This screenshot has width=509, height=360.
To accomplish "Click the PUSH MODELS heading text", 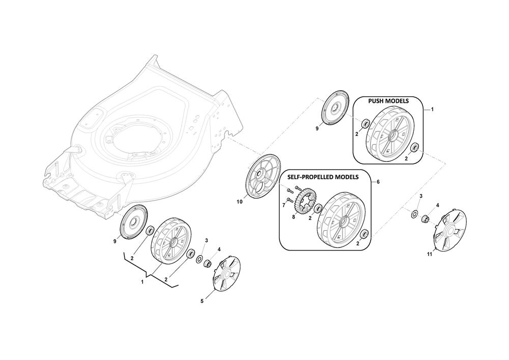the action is click(388, 101).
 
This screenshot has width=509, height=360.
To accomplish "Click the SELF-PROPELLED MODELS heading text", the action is click(323, 177).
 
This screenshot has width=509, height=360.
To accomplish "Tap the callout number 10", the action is click(240, 202).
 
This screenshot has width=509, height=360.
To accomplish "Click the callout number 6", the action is click(378, 182).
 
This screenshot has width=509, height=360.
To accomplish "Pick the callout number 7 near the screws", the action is click(284, 206).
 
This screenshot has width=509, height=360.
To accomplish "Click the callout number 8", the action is click(294, 217).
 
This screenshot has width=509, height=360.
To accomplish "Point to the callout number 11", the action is click(429, 255).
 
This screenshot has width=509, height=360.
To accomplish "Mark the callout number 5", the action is click(202, 301).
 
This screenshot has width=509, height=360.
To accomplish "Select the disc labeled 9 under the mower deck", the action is click(134, 223).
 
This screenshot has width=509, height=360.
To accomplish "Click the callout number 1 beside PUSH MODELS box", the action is click(432, 109).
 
